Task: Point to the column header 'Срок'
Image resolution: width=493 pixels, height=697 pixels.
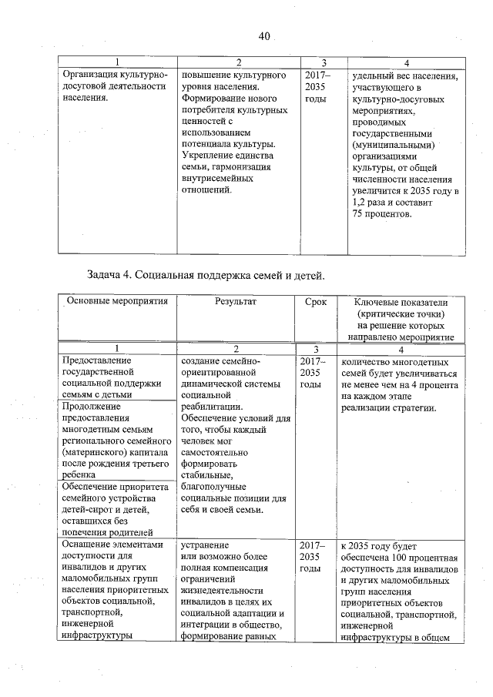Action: tap(316, 301)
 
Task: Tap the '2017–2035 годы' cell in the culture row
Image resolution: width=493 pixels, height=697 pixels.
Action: tap(316, 87)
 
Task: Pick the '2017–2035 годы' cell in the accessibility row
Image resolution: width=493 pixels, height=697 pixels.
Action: tap(316, 557)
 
